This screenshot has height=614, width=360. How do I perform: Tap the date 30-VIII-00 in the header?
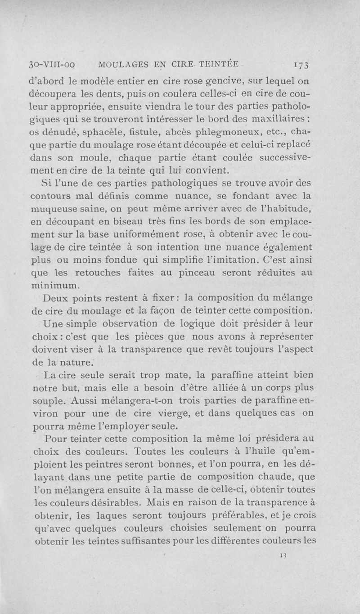52,64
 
